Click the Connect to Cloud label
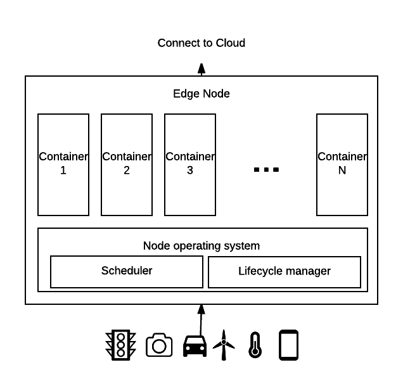201,43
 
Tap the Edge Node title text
201,94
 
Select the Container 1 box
63,164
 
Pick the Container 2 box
127,164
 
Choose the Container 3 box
190,164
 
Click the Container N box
342,164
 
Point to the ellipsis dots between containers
266,170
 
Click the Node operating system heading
201,246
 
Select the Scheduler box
127,271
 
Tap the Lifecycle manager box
285,272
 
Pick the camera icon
159,345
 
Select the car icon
195,346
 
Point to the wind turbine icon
223,345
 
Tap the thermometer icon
255,345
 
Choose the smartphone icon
288,345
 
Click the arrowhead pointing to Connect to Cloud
201,68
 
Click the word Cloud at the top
231,43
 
